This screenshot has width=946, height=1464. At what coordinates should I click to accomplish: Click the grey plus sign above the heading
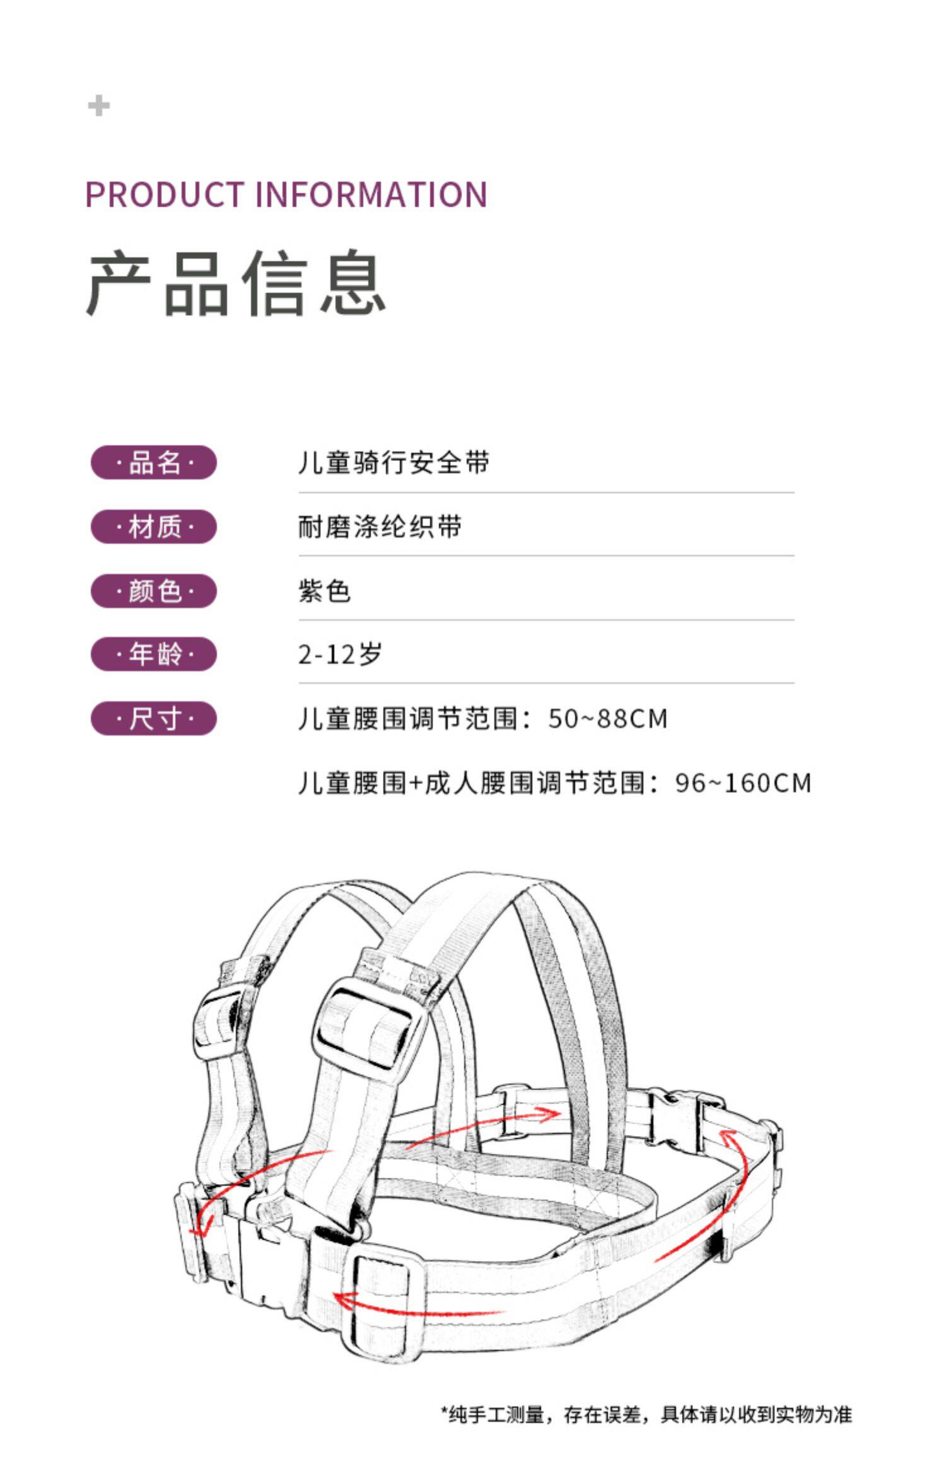98,105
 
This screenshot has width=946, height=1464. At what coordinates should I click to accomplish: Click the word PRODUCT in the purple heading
165,194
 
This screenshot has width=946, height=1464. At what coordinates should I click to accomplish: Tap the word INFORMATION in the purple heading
371,194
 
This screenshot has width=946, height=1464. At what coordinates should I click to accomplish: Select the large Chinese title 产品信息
236,282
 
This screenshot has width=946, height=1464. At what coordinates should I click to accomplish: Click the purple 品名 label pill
154,462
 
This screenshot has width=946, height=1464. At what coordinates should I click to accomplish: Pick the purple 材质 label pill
154,526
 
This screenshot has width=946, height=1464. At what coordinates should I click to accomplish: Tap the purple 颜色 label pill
154,591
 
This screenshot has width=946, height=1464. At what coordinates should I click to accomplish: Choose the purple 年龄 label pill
154,654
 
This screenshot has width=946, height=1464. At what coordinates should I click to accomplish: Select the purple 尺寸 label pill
154,718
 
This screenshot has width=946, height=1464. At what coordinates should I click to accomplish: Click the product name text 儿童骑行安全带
394,462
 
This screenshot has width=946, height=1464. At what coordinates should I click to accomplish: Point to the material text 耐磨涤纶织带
380,526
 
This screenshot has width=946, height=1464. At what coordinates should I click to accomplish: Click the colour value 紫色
324,591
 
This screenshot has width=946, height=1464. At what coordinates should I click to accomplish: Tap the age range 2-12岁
341,654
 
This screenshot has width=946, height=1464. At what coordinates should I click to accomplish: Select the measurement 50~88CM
608,719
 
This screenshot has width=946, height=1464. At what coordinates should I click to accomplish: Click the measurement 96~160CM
743,783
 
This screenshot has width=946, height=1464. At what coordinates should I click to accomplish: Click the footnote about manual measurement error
646,1414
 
